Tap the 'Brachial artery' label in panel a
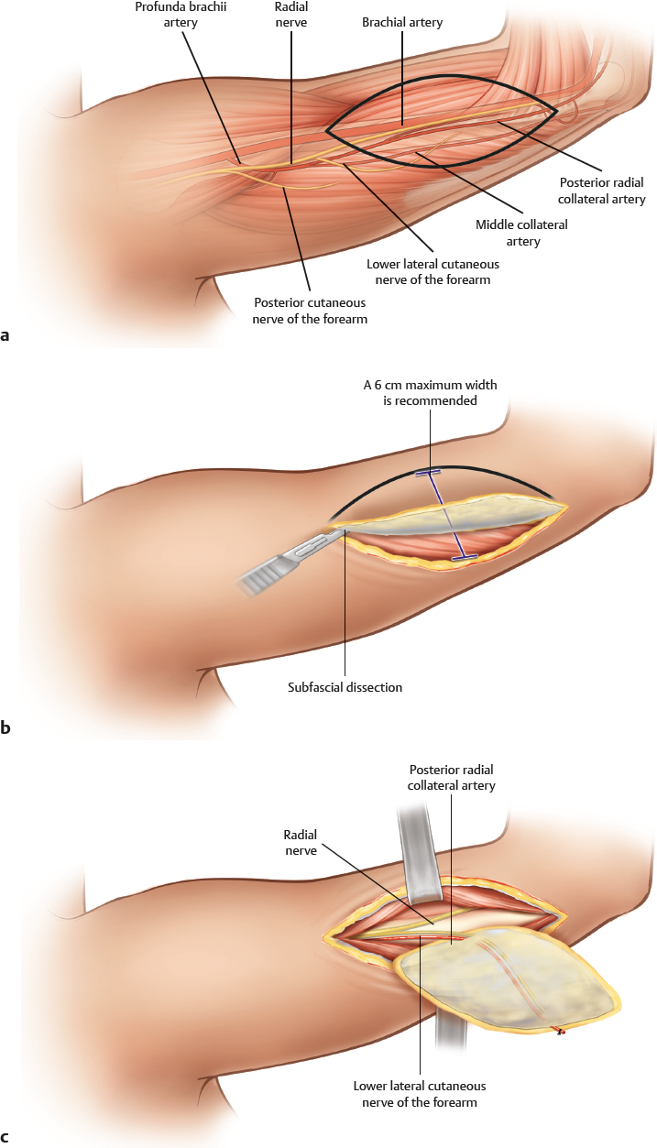[402, 22]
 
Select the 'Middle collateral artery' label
[521, 233]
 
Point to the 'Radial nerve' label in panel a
[291, 14]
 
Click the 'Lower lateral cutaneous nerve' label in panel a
[432, 272]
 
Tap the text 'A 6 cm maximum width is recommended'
[430, 392]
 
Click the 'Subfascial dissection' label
[345, 686]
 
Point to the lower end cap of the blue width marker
[465, 555]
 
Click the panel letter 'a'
[6, 335]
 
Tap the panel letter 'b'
[6, 728]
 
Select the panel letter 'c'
[6, 1138]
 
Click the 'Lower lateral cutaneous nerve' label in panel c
[420, 1094]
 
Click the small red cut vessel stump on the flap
[561, 1033]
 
